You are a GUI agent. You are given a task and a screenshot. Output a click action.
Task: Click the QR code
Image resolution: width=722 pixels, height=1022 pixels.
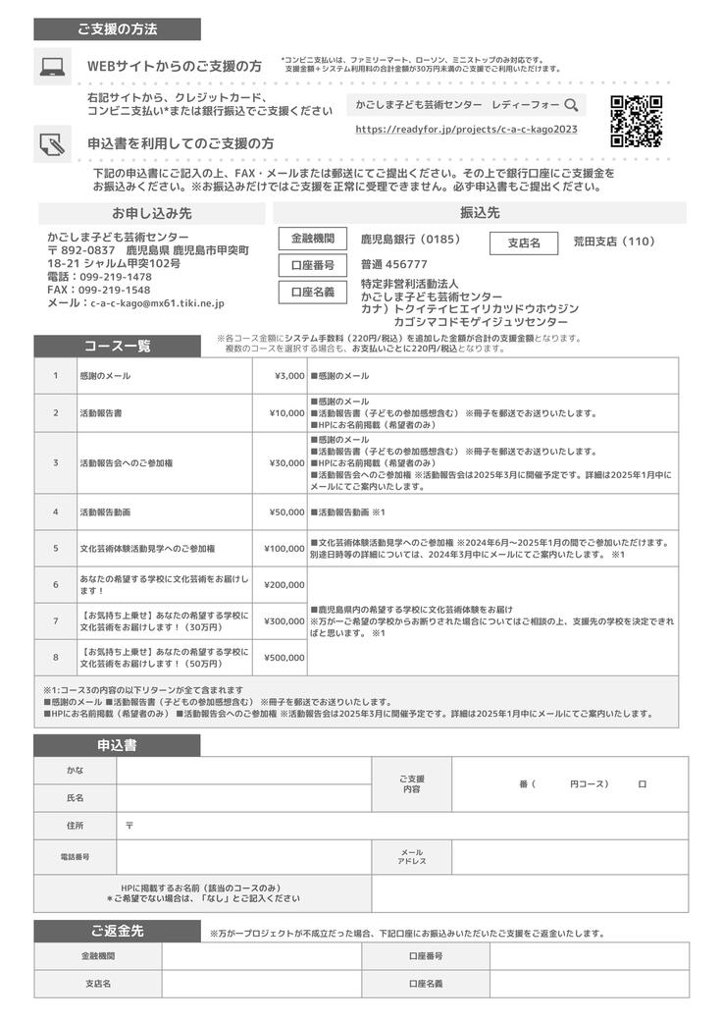click(636, 121)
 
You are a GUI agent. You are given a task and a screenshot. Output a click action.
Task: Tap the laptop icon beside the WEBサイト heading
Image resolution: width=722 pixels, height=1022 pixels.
click(51, 67)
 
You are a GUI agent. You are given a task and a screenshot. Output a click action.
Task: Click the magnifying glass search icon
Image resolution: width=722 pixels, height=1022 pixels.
click(570, 104)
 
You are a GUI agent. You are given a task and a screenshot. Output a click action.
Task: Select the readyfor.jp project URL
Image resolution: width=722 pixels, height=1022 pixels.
click(466, 129)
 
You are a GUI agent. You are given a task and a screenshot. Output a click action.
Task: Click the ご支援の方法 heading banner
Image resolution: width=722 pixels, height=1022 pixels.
click(118, 29)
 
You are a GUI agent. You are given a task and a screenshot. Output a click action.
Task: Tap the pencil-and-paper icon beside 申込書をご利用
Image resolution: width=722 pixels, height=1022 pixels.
click(51, 144)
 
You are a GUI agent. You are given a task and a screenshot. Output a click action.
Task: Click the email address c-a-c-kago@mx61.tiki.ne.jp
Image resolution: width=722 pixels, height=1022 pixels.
click(157, 304)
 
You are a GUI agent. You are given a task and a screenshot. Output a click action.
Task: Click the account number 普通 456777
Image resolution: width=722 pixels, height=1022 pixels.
click(394, 264)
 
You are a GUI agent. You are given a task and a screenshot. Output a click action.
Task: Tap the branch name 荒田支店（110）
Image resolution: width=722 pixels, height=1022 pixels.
click(613, 242)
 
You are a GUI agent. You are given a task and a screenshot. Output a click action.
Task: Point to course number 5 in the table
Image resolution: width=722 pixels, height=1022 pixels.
click(56, 548)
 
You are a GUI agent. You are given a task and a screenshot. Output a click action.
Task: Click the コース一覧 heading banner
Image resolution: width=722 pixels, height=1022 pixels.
click(118, 346)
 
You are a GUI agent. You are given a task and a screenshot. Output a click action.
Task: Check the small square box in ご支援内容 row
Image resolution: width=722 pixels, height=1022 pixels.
click(642, 784)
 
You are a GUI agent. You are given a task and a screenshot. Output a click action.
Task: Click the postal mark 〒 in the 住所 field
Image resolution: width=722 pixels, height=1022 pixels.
click(129, 826)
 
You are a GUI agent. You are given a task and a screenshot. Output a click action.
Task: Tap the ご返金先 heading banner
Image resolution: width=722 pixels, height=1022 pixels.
click(118, 931)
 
